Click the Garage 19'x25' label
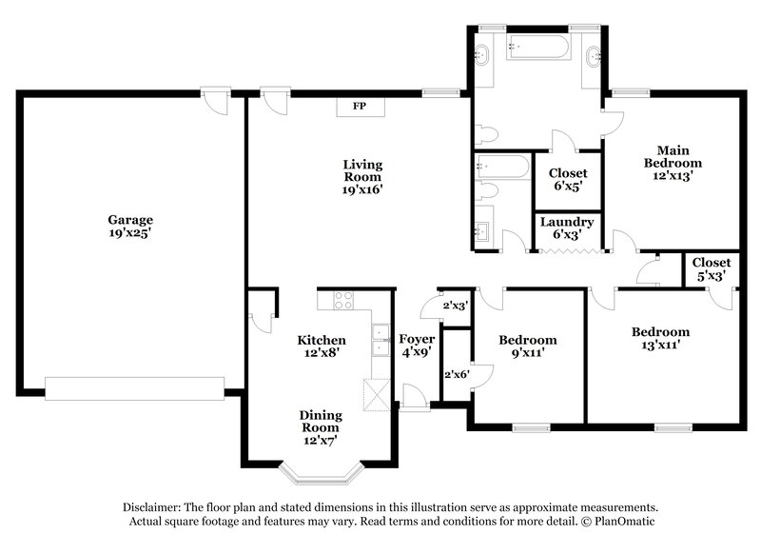click(130, 226)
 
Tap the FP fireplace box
click(361, 105)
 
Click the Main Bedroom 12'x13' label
click(673, 162)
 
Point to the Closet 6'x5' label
click(569, 180)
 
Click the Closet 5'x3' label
click(711, 268)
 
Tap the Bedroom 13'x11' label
click(660, 338)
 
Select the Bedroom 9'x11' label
click(528, 346)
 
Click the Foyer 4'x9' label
click(417, 346)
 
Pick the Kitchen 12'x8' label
click(322, 346)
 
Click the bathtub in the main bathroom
click(538, 48)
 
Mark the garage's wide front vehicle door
click(134, 386)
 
